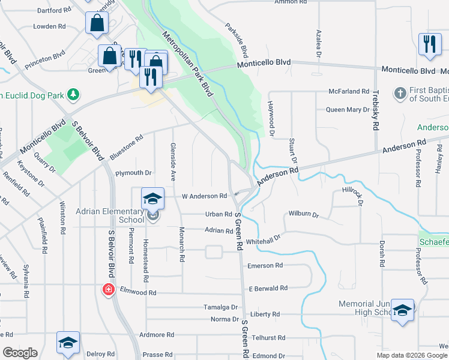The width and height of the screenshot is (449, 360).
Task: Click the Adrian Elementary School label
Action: (110, 215)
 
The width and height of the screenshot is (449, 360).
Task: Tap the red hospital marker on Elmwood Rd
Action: (109, 290)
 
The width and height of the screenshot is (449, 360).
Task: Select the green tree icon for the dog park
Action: (73, 94)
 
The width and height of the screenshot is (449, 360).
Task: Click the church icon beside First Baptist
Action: (400, 93)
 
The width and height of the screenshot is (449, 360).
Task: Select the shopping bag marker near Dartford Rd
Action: (97, 24)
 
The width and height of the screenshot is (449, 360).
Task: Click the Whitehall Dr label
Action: (263, 241)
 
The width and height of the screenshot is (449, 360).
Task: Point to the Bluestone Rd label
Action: (126, 146)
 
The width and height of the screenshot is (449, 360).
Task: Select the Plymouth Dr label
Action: (133, 173)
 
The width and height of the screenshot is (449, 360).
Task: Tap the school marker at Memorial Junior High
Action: (403, 310)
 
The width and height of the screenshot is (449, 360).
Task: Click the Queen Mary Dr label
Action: (348, 110)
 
